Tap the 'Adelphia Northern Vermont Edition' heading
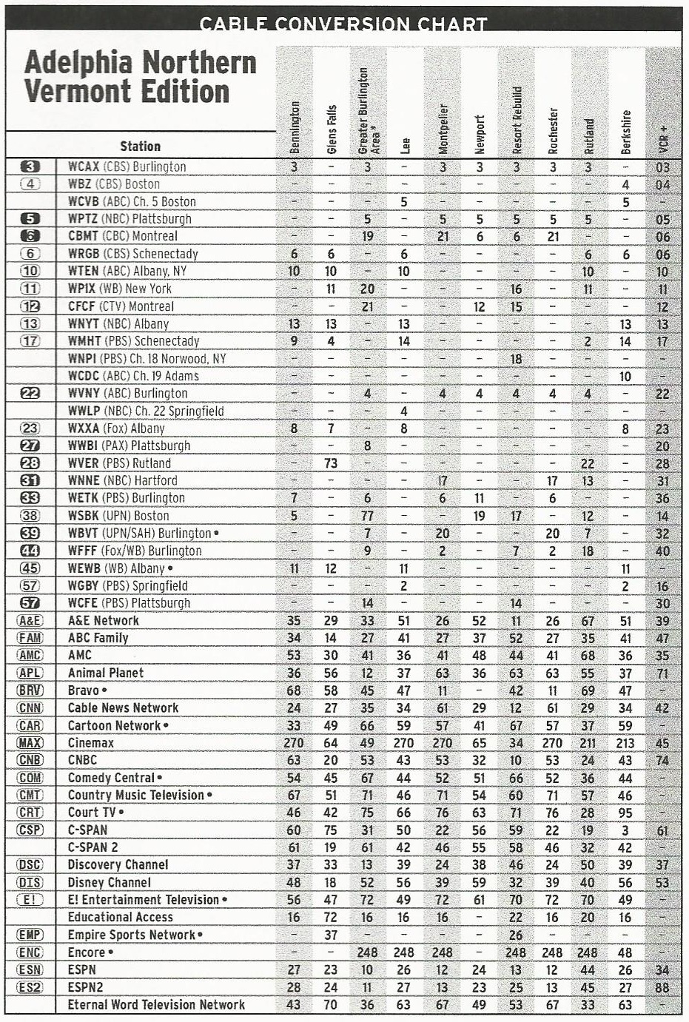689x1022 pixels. click(140, 78)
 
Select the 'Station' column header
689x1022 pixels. click(140, 147)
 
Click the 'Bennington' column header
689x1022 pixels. click(295, 127)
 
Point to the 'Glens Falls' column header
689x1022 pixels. click(331, 129)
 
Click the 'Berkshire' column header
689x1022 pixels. click(625, 132)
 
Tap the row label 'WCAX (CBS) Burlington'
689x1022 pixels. click(127, 167)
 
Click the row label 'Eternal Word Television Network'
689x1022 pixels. click(156, 1004)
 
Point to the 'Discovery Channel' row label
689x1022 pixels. click(118, 864)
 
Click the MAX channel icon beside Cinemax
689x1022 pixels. click(30, 743)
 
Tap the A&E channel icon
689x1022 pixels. click(30, 621)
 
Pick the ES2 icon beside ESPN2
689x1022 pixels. click(30, 987)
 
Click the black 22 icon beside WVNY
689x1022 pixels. click(30, 394)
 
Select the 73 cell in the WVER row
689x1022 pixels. click(331, 463)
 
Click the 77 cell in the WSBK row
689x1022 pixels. click(367, 516)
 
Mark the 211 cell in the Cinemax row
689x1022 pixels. click(588, 743)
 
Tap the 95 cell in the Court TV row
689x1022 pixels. click(625, 813)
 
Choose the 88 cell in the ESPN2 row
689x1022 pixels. click(662, 987)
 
